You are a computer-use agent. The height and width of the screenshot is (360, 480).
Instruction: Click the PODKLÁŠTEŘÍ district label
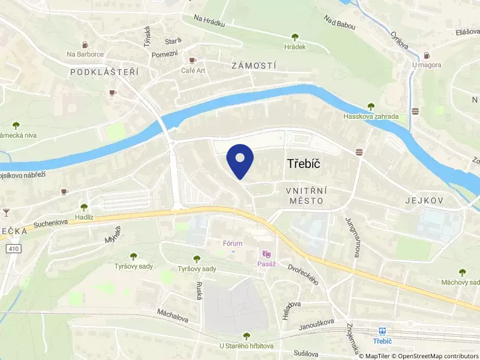[x=104, y=71]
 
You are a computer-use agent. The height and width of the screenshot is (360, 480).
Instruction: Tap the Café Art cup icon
[x=193, y=60]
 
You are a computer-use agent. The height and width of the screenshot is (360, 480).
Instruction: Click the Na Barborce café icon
[x=85, y=44]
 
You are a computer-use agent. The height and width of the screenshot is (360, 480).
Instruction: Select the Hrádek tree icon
[x=295, y=37]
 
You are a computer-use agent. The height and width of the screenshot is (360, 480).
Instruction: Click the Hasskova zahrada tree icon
[x=370, y=106]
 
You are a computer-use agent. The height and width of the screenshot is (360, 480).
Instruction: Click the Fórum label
[x=232, y=244]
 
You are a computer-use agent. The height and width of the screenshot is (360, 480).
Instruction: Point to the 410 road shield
[x=13, y=248]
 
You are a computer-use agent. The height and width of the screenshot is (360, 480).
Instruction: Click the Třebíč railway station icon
[x=382, y=331]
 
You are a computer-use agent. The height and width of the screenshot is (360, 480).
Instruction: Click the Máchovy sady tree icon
[x=462, y=272]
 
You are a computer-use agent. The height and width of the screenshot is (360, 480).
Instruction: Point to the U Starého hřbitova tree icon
[x=246, y=336]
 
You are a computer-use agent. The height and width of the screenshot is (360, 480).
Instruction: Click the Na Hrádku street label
[x=209, y=22]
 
